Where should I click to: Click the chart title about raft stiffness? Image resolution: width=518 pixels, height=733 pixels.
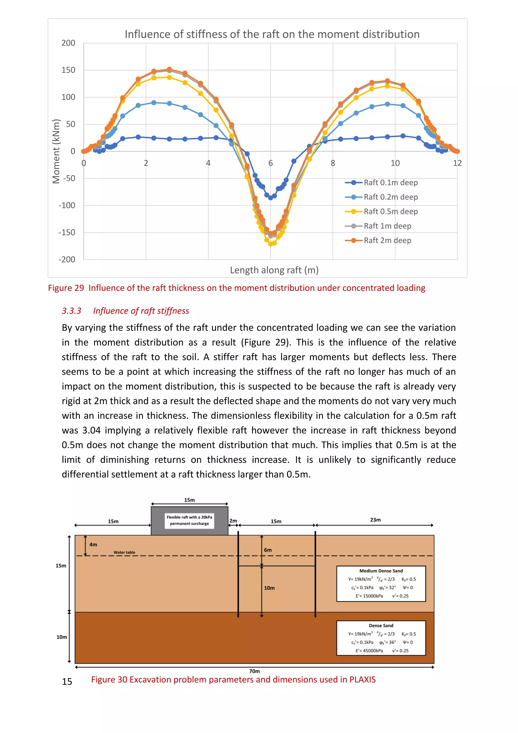[x=272, y=34]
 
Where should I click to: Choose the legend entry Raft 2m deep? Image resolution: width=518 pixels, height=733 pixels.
[x=387, y=240]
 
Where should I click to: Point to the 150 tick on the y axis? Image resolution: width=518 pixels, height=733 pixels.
[x=68, y=70]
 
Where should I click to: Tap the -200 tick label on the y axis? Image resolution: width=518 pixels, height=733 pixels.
[x=67, y=260]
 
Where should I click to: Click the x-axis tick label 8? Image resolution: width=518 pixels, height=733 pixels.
[x=333, y=163]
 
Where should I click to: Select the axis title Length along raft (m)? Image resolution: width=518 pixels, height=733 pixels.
[x=274, y=270]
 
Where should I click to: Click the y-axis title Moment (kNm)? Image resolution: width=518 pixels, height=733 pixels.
[x=56, y=151]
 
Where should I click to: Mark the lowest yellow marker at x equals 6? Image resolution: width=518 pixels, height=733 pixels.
[x=270, y=244]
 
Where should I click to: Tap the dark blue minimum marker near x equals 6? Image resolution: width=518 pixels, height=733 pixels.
[x=270, y=198]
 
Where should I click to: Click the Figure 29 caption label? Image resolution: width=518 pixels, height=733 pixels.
[x=66, y=288]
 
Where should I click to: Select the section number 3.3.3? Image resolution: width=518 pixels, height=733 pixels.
[x=72, y=311]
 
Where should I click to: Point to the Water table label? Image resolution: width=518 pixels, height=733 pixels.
[x=124, y=552]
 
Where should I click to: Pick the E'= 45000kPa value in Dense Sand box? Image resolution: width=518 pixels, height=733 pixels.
[x=369, y=651]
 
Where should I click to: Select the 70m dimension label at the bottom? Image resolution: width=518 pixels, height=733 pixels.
[x=254, y=671]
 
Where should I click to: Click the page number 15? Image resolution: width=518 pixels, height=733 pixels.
[x=67, y=682]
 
